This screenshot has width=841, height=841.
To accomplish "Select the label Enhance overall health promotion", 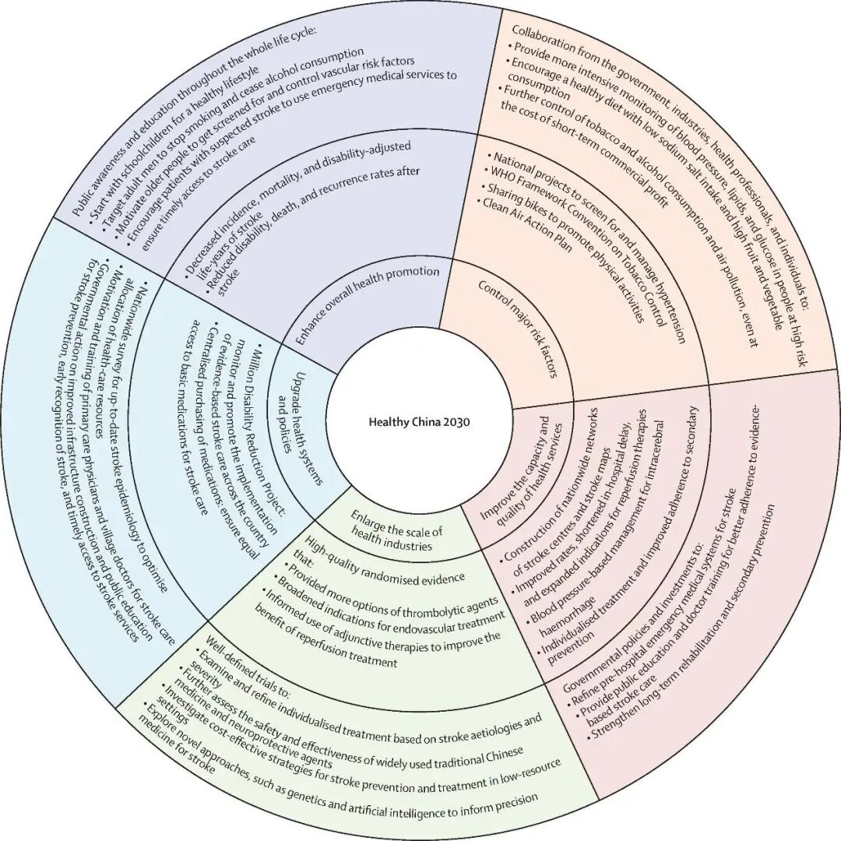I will (368, 304).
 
